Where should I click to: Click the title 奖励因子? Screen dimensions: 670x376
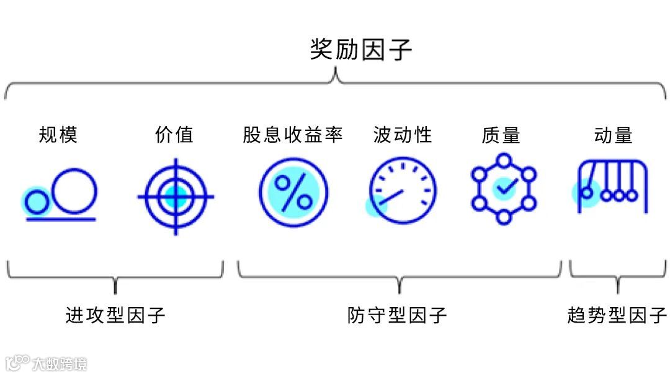[x=360, y=50]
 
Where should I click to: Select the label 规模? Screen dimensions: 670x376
[x=58, y=135]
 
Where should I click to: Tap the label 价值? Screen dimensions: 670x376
[x=174, y=135]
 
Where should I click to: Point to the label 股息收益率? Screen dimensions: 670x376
[x=293, y=135]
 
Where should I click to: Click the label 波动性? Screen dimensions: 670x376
[x=403, y=135]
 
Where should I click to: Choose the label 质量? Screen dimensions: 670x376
[x=501, y=135]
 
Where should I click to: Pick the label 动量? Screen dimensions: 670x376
[x=613, y=135]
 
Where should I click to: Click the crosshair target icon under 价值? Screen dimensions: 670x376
[x=176, y=196]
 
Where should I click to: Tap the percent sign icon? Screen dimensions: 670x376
[x=293, y=191]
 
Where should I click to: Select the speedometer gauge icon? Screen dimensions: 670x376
[x=403, y=190]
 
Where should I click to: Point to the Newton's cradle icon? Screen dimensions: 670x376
[x=612, y=187]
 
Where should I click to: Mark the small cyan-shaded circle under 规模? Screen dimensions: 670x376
[x=37, y=201]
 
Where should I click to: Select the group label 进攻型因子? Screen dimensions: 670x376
[x=115, y=315]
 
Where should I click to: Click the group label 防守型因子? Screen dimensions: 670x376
[x=397, y=315]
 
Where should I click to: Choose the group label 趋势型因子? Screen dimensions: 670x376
[x=617, y=315]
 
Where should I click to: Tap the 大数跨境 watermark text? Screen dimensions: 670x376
[x=60, y=363]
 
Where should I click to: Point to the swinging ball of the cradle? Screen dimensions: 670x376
[x=586, y=193]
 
